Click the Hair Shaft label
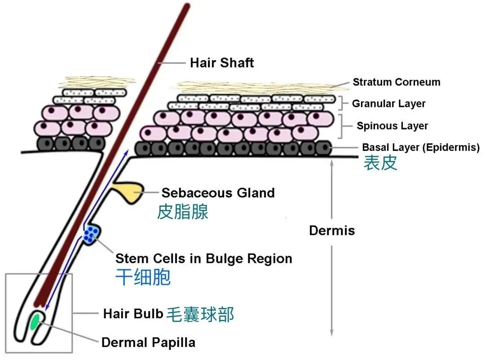coord(222,62)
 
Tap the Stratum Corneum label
coord(396,82)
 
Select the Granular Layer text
coord(388,104)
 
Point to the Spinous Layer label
coord(392,126)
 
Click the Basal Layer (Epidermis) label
coord(421,147)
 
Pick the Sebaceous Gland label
coord(218,193)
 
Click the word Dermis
coord(332,231)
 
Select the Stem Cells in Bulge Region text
coord(204,258)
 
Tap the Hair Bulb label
coord(133,313)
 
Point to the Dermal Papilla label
coord(149,342)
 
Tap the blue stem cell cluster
coord(91,234)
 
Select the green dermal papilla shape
coord(34,322)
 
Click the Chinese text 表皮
coord(380,163)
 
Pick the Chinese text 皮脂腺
coord(182,211)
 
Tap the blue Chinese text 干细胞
coord(143,277)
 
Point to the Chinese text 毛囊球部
coord(200,314)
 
